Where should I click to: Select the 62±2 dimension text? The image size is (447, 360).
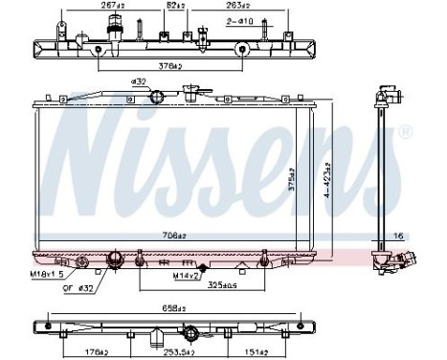[175, 5]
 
